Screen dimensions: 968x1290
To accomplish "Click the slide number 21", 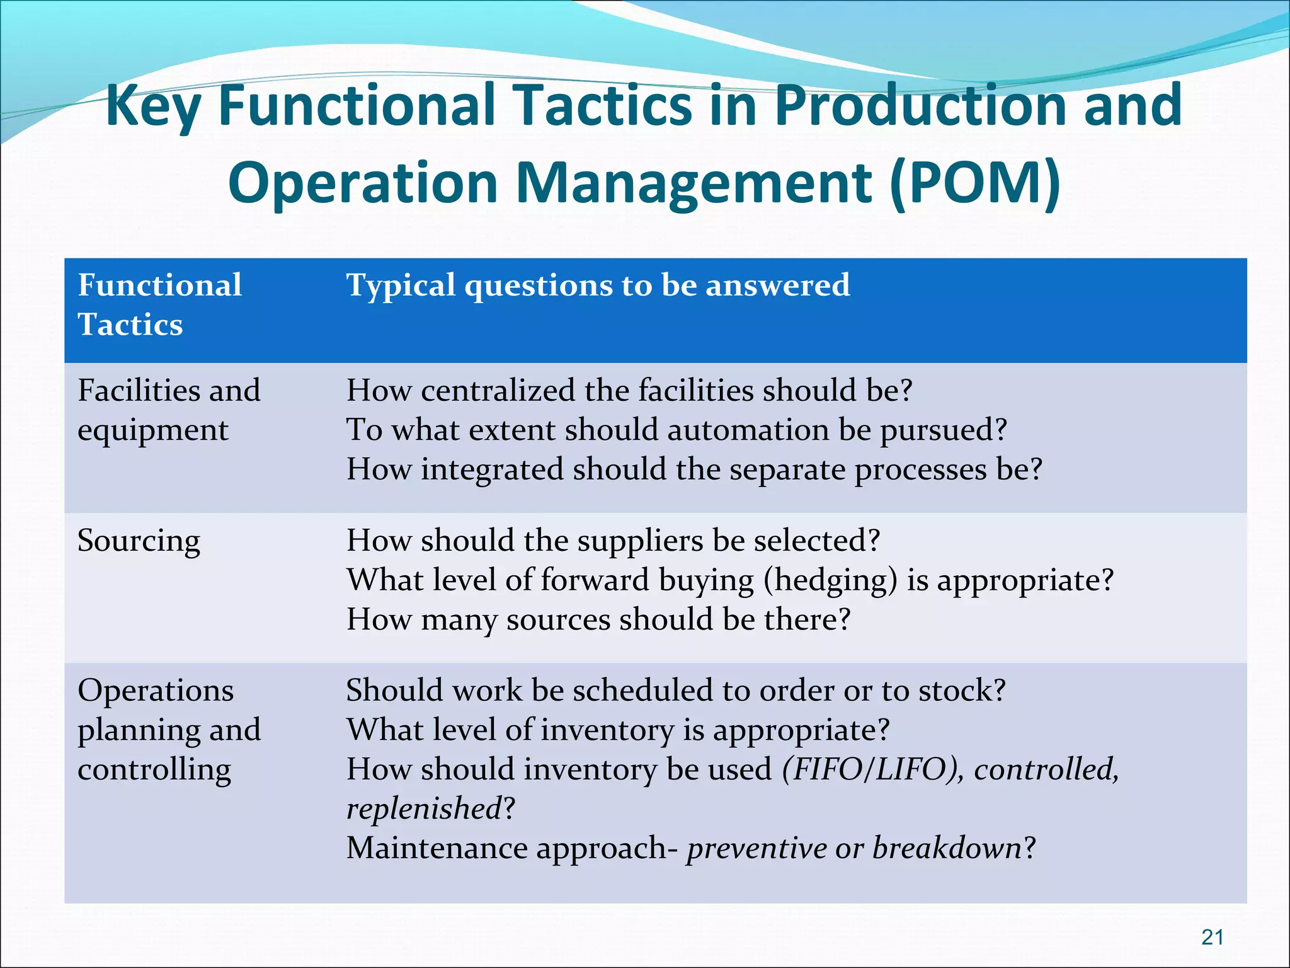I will [x=1212, y=937].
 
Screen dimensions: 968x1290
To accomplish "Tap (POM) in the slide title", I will [x=975, y=183].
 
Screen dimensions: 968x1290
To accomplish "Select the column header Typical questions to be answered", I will [x=598, y=285].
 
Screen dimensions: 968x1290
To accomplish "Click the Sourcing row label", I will [x=139, y=541].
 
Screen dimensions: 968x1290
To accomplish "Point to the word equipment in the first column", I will [x=153, y=430].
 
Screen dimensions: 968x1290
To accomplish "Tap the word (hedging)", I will [x=830, y=580].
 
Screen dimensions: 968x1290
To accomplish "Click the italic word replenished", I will [x=424, y=809].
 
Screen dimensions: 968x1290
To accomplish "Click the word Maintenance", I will [x=437, y=848].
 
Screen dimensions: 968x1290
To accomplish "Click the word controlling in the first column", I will [x=154, y=769].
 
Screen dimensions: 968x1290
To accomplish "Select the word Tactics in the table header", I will [x=130, y=325].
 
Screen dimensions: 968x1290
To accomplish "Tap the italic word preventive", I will [x=756, y=848].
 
